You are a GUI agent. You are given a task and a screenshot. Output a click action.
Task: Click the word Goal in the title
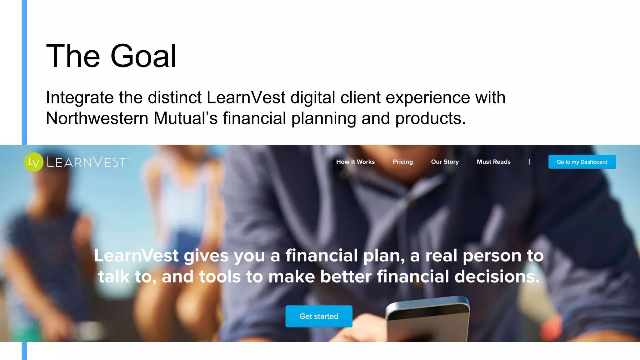click(143, 56)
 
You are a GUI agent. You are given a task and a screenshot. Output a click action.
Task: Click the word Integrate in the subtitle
click(80, 97)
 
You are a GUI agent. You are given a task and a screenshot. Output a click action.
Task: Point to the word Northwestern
click(97, 118)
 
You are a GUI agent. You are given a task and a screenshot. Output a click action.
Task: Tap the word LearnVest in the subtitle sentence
click(246, 97)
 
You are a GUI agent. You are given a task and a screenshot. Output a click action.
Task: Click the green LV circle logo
click(33, 162)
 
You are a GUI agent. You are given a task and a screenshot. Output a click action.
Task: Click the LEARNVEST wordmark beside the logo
click(87, 162)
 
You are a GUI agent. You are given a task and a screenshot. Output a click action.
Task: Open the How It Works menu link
click(355, 162)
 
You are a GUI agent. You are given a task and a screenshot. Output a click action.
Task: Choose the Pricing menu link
click(402, 162)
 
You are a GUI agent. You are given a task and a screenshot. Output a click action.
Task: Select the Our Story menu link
click(445, 162)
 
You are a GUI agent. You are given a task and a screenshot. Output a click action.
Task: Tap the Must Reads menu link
click(493, 162)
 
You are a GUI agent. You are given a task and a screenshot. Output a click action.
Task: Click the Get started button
click(319, 316)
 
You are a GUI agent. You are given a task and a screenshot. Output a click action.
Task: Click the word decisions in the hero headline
click(497, 277)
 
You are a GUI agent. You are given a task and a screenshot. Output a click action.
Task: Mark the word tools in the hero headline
click(220, 277)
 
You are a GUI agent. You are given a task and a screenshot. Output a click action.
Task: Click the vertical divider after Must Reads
click(529, 162)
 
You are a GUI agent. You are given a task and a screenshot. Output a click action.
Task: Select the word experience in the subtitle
click(427, 97)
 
